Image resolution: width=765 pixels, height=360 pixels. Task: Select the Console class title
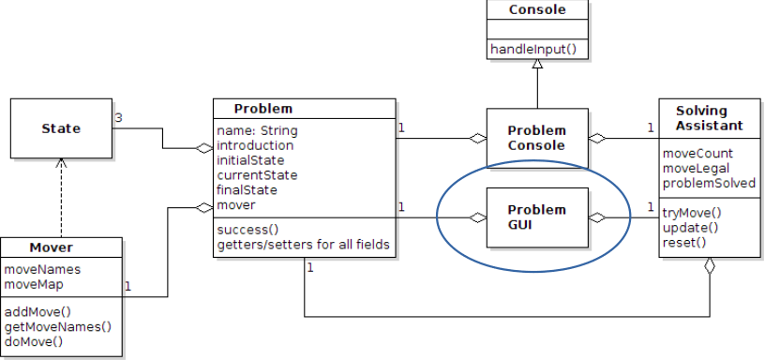pyautogui.click(x=536, y=10)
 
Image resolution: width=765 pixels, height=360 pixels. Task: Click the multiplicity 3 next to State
pyautogui.click(x=119, y=118)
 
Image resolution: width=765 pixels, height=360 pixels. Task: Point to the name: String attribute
pyautogui.click(x=256, y=131)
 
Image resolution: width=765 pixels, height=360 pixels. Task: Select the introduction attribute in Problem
pyautogui.click(x=255, y=145)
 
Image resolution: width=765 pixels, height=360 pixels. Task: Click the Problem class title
pyautogui.click(x=262, y=108)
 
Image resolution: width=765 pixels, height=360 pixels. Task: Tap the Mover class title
pyautogui.click(x=51, y=248)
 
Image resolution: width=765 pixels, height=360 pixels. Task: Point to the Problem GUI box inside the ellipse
pyautogui.click(x=537, y=217)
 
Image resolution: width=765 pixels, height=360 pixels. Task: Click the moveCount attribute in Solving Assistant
pyautogui.click(x=697, y=153)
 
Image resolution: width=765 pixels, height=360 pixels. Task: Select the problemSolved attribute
pyautogui.click(x=709, y=183)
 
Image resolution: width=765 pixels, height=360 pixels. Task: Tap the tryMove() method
pyautogui.click(x=693, y=213)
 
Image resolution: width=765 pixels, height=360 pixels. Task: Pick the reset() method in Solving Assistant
pyautogui.click(x=684, y=243)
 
